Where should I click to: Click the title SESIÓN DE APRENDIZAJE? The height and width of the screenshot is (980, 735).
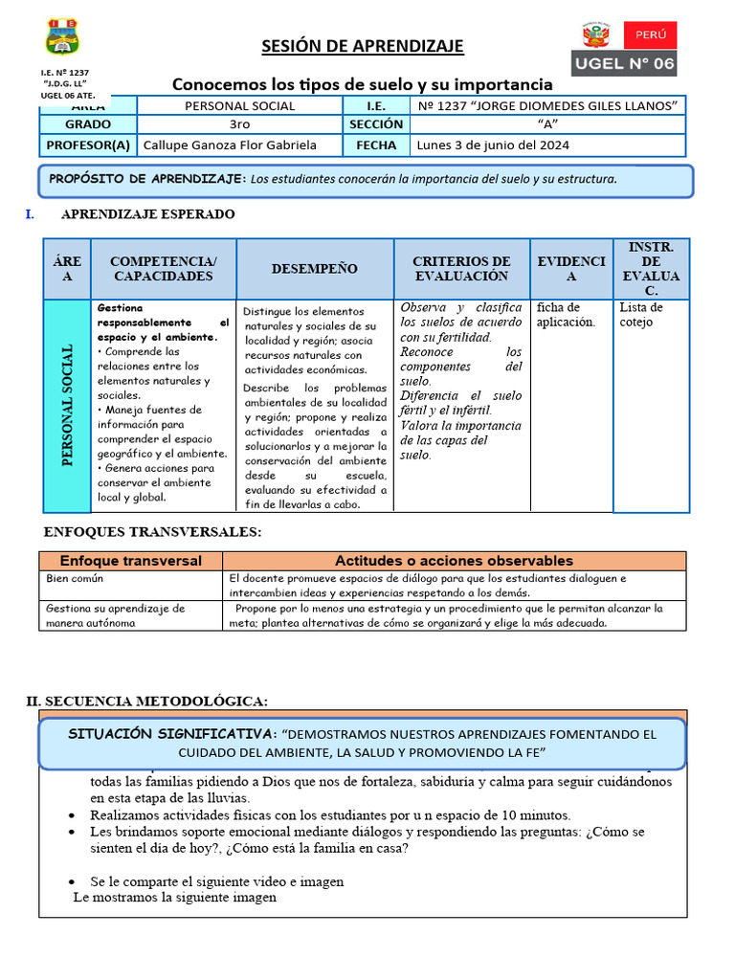coord(363,46)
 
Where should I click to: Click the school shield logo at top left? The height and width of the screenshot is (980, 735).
coord(62,36)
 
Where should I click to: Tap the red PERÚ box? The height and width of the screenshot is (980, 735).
coord(650,35)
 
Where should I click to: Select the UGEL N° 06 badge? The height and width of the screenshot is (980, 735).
coord(624,64)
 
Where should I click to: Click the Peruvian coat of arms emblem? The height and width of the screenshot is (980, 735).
coord(596,36)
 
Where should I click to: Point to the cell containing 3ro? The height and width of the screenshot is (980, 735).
coord(239,124)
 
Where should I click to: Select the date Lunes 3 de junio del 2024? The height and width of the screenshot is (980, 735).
coord(493,145)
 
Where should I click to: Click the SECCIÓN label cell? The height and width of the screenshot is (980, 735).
coord(376,124)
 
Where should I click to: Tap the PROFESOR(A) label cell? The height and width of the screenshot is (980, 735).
coord(88,145)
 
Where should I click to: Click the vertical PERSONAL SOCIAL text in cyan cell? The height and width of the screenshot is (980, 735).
coord(67,406)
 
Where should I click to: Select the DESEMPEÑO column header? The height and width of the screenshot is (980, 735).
coord(315,269)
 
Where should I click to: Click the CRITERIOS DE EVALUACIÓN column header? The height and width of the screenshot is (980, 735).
coord(461,269)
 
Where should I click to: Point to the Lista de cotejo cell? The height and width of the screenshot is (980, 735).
coord(641,315)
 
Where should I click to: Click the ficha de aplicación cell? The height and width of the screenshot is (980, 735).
coord(565,315)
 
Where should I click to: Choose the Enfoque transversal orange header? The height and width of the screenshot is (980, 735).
coord(131,561)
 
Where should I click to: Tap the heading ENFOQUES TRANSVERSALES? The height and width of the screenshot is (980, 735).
coord(152,532)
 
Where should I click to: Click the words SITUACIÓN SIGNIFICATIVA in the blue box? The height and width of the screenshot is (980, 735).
coord(172,734)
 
